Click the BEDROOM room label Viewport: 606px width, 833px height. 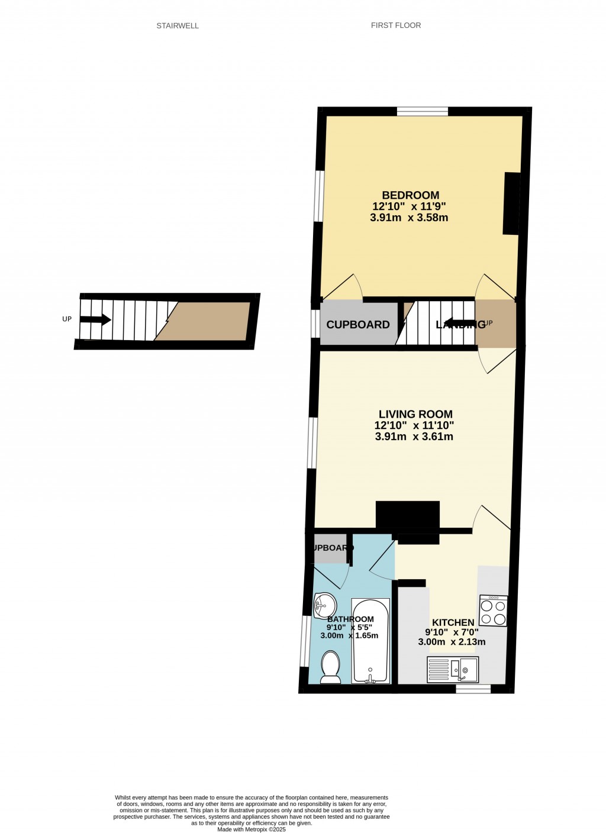pyautogui.click(x=410, y=195)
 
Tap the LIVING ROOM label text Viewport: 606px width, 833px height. pyautogui.click(x=415, y=414)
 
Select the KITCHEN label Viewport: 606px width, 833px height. pyautogui.click(x=453, y=622)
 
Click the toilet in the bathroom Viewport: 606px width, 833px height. pyautogui.click(x=330, y=667)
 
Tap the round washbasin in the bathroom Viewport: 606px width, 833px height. pyautogui.click(x=325, y=605)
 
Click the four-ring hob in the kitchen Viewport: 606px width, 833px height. pyautogui.click(x=493, y=611)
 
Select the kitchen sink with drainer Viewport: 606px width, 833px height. pyautogui.click(x=453, y=669)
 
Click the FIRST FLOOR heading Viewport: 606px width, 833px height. pyautogui.click(x=396, y=25)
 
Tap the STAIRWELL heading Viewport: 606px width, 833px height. pyautogui.click(x=178, y=26)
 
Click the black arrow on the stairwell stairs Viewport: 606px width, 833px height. pyautogui.click(x=95, y=319)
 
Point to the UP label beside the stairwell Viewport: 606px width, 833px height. pyautogui.click(x=67, y=319)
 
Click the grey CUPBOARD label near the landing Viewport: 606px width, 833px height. pyautogui.click(x=358, y=325)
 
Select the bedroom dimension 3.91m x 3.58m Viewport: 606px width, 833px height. pyautogui.click(x=409, y=218)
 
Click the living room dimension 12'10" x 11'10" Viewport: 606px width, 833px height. pyautogui.click(x=414, y=425)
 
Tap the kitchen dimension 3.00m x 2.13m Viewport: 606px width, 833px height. pyautogui.click(x=452, y=642)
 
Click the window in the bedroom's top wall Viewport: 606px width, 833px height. pyautogui.click(x=423, y=111)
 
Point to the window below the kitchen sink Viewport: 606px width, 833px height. pyautogui.click(x=473, y=689)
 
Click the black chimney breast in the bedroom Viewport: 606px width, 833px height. pyautogui.click(x=512, y=203)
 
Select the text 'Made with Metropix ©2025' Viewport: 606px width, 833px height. pyautogui.click(x=252, y=829)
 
